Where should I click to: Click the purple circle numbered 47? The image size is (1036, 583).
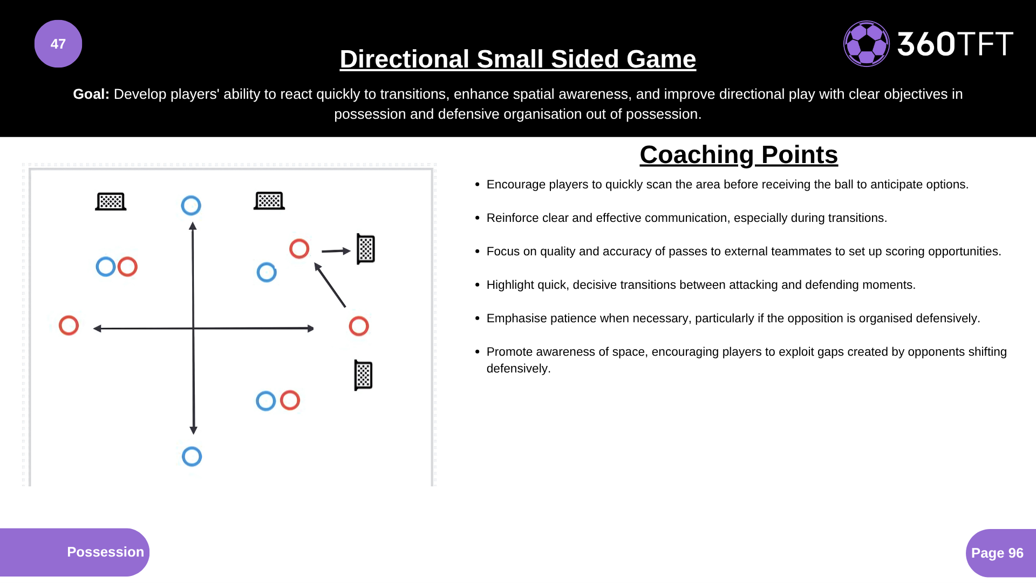click(58, 44)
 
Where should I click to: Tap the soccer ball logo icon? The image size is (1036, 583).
click(866, 44)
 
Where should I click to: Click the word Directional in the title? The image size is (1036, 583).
click(404, 59)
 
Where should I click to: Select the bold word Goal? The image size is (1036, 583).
click(91, 94)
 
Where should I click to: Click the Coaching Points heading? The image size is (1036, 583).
click(738, 155)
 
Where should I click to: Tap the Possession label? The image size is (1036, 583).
click(105, 552)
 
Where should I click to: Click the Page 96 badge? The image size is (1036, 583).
click(997, 553)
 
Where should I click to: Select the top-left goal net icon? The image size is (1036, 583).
click(111, 201)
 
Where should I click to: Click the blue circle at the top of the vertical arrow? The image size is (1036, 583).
click(191, 205)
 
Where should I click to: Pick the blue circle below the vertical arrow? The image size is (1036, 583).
click(192, 457)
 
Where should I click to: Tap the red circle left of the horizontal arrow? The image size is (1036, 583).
click(69, 326)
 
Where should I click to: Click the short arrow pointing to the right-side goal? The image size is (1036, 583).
click(336, 250)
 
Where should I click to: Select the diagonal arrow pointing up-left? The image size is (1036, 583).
click(330, 285)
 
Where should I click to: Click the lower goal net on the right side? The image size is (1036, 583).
click(363, 375)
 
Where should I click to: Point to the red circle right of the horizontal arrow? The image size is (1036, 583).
click(359, 326)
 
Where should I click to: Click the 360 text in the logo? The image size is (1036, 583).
click(926, 44)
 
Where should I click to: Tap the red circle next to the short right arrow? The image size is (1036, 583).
click(299, 249)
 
